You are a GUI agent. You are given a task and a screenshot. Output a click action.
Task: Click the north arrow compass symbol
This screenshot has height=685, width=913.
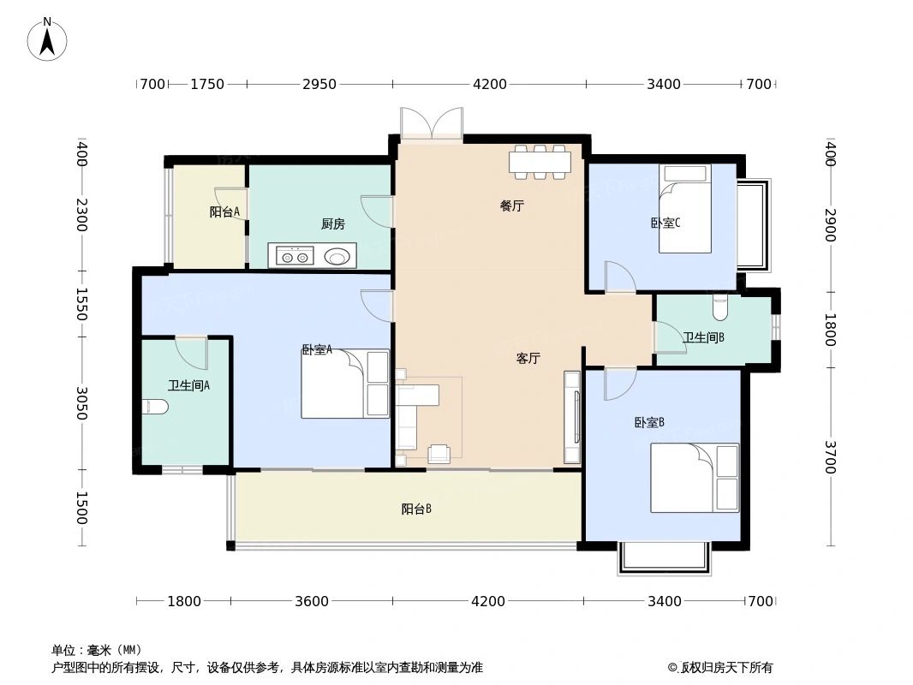click(x=48, y=39)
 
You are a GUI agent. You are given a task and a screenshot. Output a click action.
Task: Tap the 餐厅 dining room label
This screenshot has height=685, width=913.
click(x=512, y=205)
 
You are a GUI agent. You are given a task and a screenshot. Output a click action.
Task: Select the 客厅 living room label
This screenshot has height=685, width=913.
click(x=528, y=359)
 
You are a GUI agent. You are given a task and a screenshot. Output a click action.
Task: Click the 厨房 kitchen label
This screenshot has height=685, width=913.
click(x=333, y=224)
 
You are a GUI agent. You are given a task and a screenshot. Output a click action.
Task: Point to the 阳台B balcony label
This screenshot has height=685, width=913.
click(x=416, y=509)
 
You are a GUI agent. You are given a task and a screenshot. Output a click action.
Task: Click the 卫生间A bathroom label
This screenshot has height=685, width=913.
click(x=188, y=386)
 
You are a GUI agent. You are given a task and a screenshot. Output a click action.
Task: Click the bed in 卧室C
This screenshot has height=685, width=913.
click(x=685, y=209)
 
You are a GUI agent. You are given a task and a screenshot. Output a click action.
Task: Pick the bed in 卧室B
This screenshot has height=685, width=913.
click(x=695, y=477)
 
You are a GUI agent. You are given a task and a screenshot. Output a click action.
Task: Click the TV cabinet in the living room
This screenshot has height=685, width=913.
click(x=571, y=417)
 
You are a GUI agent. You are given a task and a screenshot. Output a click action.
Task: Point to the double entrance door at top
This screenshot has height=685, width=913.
click(x=432, y=124)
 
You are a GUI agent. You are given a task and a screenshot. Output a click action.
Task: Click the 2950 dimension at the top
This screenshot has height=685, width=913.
click(x=319, y=84)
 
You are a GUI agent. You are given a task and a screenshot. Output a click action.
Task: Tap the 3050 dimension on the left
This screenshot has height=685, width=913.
click(x=81, y=403)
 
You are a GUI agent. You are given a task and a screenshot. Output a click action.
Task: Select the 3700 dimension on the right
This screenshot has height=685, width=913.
click(x=829, y=457)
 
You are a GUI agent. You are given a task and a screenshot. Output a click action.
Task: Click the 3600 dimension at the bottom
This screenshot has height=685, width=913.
click(x=312, y=601)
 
